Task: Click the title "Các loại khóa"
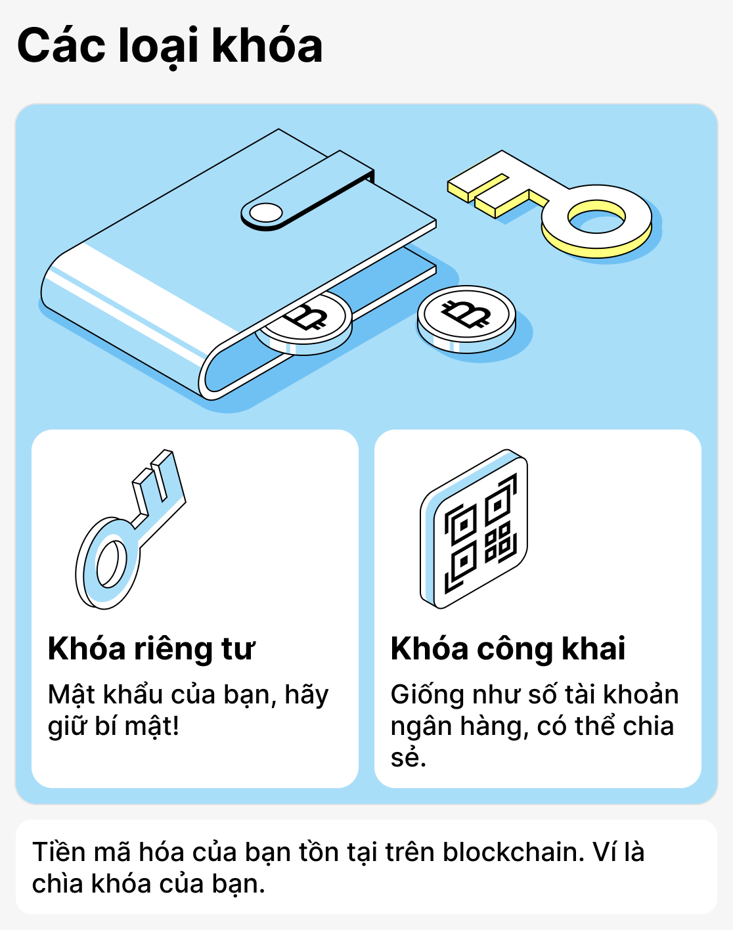(169, 46)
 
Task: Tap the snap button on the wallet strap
(266, 213)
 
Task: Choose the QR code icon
(474, 529)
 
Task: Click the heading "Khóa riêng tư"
(151, 649)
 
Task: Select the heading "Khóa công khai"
(508, 649)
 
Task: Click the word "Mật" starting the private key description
(72, 695)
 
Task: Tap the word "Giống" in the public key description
(427, 695)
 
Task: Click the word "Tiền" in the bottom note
(59, 852)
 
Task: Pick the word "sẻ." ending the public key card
(408, 758)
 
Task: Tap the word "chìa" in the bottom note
(57, 884)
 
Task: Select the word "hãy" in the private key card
(307, 695)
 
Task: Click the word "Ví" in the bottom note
(604, 852)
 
